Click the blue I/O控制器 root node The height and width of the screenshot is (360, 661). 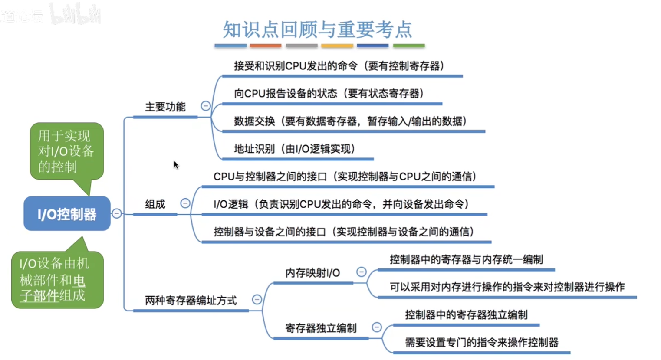click(67, 213)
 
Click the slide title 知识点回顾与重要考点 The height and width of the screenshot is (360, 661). click(318, 29)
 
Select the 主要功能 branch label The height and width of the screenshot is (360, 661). click(165, 107)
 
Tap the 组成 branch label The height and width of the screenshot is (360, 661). click(155, 204)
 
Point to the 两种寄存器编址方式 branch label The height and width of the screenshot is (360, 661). click(191, 301)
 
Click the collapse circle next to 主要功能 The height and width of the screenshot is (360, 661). click(206, 106)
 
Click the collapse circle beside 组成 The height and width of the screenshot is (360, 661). click(185, 203)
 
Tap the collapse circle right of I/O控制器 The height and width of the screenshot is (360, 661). click(117, 213)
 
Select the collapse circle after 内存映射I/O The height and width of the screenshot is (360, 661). click(362, 272)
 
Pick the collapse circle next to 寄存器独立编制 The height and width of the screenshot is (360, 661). click(377, 327)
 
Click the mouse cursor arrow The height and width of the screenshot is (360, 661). click(176, 165)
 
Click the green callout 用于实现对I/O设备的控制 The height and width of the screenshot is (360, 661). click(67, 151)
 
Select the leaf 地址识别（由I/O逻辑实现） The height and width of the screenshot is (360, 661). click(295, 149)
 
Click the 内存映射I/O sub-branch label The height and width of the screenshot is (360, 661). click(312, 273)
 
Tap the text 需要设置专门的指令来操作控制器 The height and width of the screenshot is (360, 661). click(482, 342)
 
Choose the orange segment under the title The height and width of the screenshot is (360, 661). click(266, 46)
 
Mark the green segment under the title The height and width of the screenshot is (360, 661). click(409, 46)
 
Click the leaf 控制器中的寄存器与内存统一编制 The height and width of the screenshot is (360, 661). click(466, 259)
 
